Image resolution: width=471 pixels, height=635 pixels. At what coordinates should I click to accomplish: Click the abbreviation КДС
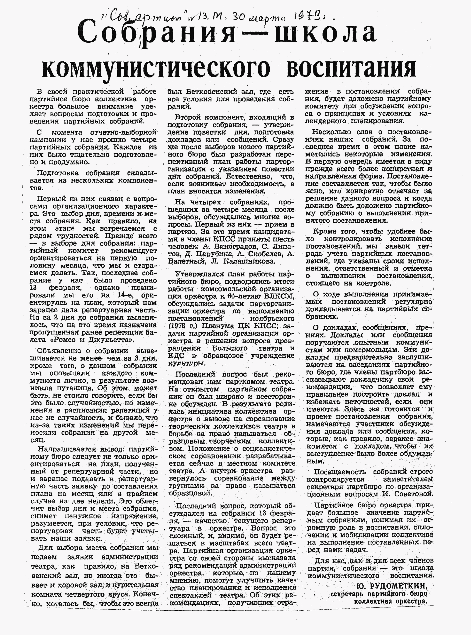177,356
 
